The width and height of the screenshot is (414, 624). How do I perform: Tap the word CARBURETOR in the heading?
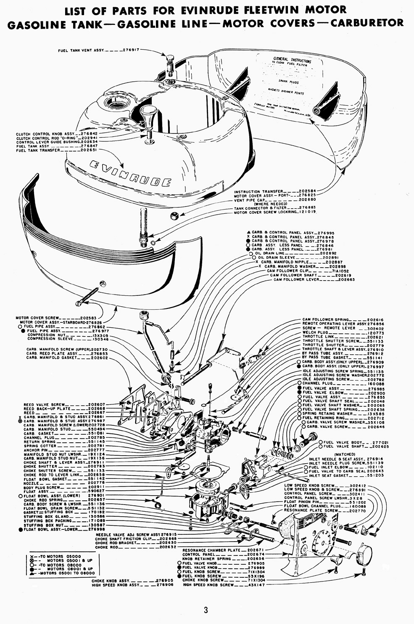pos(367,23)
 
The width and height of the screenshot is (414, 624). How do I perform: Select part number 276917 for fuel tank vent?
pos(132,50)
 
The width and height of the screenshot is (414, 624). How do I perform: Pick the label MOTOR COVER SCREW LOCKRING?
pos(266,212)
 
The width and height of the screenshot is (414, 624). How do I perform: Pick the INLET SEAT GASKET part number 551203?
pos(376,475)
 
